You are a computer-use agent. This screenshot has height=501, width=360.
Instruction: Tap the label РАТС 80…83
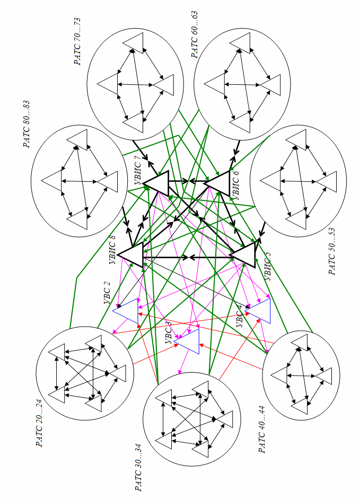[x=27, y=124]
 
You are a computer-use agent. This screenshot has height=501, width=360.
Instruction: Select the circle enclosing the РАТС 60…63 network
[x=243, y=74]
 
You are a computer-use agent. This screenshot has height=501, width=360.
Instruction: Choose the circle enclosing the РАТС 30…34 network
[x=192, y=419]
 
